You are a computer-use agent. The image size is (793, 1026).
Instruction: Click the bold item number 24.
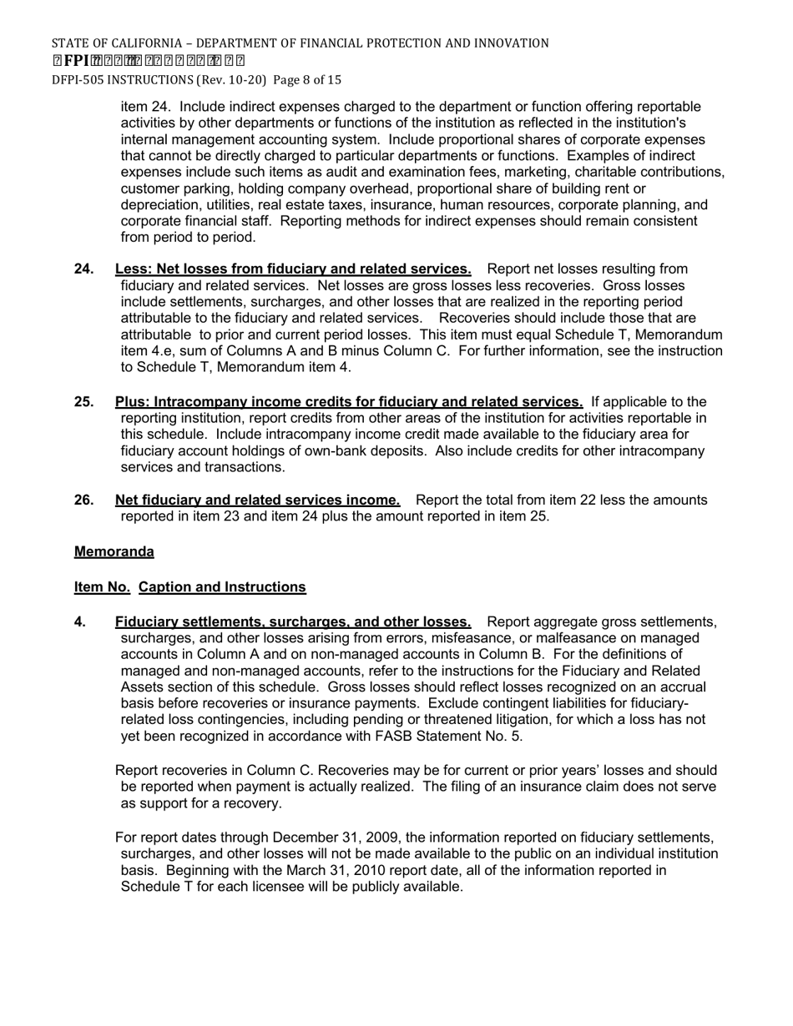click(x=83, y=269)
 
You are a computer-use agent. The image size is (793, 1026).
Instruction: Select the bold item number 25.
click(x=83, y=402)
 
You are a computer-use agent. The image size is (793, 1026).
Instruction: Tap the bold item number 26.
click(x=83, y=500)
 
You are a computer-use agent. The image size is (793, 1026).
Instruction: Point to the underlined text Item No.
click(x=102, y=587)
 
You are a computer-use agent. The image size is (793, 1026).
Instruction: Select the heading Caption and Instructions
click(x=222, y=587)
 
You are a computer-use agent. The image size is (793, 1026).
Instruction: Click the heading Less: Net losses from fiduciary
click(x=292, y=269)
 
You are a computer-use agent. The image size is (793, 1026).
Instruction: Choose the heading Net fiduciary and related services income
click(x=257, y=500)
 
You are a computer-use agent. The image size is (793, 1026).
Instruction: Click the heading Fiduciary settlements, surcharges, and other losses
click(x=292, y=622)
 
